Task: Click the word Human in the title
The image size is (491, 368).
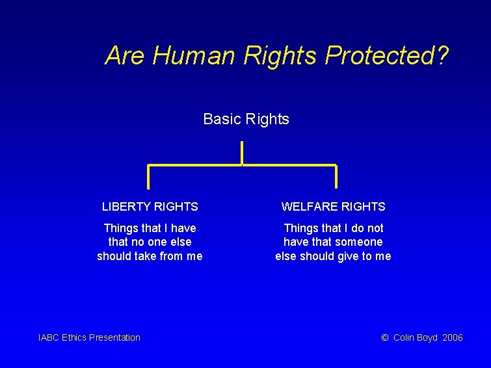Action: [x=194, y=56]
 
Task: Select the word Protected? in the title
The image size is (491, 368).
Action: [x=386, y=56]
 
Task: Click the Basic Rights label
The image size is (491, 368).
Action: [x=246, y=119]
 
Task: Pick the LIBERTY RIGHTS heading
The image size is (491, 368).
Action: [x=150, y=207]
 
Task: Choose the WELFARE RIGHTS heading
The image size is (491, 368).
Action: [x=333, y=207]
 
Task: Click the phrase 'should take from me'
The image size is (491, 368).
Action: [x=150, y=256]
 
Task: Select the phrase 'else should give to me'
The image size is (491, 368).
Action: [x=333, y=256]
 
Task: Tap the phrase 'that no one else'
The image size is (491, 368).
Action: [x=150, y=242]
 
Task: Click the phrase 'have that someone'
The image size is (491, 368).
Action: [x=333, y=242]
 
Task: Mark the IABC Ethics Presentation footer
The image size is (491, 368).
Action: [x=89, y=337]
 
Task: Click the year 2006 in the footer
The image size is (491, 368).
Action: [x=452, y=337]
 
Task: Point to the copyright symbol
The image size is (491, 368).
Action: [x=384, y=337]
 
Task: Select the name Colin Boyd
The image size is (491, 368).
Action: [x=416, y=337]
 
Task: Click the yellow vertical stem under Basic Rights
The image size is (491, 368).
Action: [x=242, y=153]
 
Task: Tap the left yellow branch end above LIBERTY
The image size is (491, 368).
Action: [x=149, y=177]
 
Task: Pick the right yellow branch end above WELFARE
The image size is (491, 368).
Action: [x=336, y=177]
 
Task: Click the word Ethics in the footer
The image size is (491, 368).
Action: [x=75, y=337]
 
